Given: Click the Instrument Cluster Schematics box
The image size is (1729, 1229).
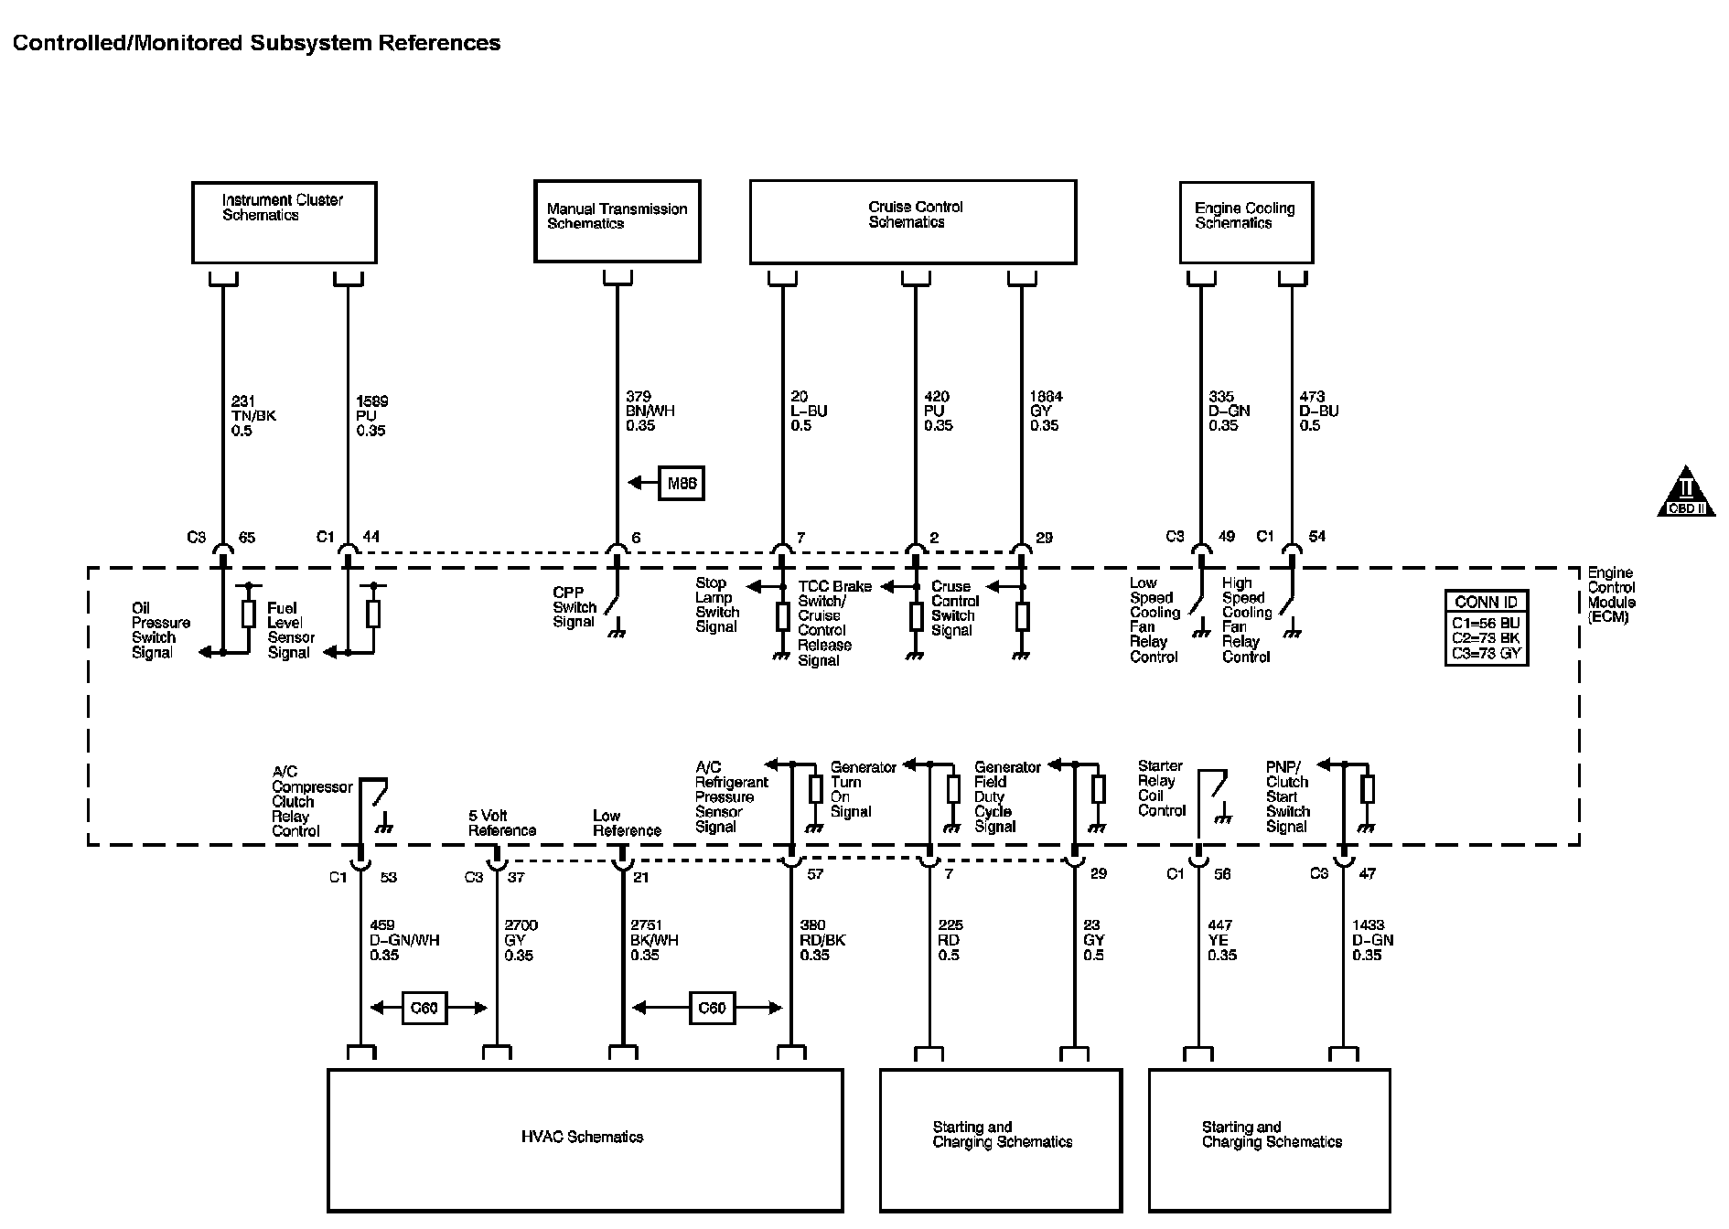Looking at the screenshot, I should (x=284, y=222).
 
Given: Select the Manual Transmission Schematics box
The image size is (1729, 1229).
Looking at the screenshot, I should (x=617, y=220).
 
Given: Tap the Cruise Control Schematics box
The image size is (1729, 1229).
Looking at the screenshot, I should (x=912, y=221).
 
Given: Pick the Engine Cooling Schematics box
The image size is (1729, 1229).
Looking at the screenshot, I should (x=1245, y=222).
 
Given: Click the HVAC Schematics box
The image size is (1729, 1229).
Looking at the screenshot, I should (x=585, y=1139).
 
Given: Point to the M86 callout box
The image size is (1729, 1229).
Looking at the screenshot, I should (x=682, y=484).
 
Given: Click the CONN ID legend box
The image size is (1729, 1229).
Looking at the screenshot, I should (x=1486, y=627).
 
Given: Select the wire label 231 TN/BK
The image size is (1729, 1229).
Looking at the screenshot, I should (x=253, y=415).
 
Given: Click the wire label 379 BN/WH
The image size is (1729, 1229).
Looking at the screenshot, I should (x=650, y=411).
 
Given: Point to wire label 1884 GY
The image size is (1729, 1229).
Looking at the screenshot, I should (x=1046, y=411).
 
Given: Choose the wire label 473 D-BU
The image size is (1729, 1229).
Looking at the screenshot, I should (x=1318, y=411).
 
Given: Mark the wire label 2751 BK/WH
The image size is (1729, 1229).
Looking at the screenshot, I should (x=653, y=940).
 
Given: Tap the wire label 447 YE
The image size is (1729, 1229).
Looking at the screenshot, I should (x=1221, y=940).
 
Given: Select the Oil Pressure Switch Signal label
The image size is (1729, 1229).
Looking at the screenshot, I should (x=160, y=630).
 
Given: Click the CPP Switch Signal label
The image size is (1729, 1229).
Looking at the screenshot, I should (x=575, y=607).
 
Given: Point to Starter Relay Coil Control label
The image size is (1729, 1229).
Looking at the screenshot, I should (x=1162, y=788).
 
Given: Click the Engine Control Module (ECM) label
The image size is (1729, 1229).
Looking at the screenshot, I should (x=1611, y=595).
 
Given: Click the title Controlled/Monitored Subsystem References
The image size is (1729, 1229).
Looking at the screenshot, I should (x=257, y=43).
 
